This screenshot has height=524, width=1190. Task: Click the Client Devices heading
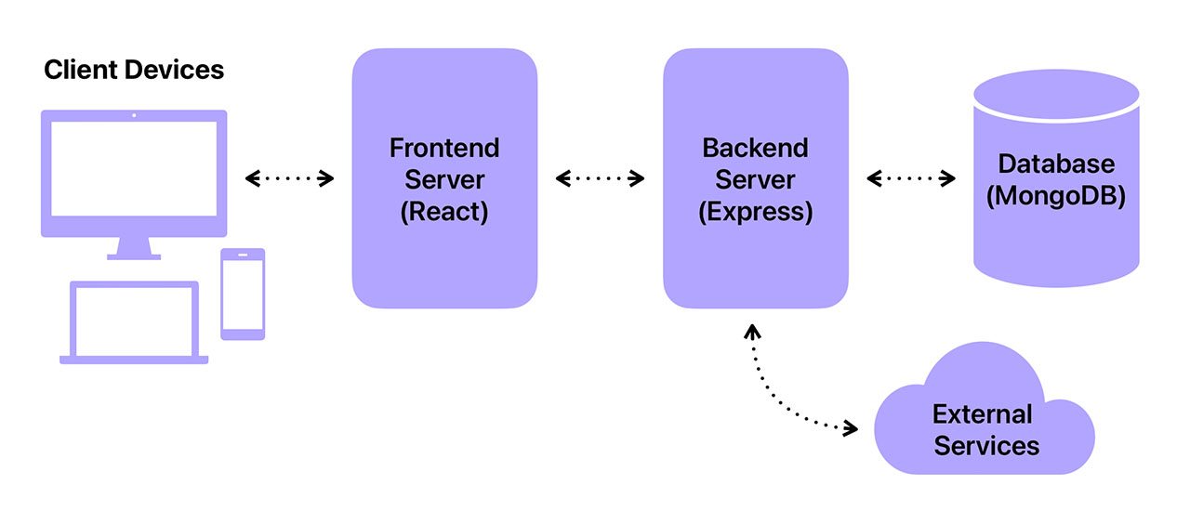pyautogui.click(x=134, y=70)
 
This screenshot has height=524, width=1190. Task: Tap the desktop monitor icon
pyautogui.click(x=134, y=173)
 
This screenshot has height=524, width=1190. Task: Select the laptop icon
pyautogui.click(x=134, y=322)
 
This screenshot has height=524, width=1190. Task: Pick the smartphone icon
pyautogui.click(x=243, y=294)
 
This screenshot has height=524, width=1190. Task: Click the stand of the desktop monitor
pyautogui.click(x=134, y=248)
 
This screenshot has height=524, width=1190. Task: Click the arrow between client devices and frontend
pyautogui.click(x=289, y=178)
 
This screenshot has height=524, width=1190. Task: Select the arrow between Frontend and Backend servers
pyautogui.click(x=600, y=178)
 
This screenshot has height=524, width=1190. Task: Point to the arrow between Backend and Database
pyautogui.click(x=911, y=178)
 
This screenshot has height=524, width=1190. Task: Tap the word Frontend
pyautogui.click(x=443, y=148)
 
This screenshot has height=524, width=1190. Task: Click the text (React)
pyautogui.click(x=443, y=212)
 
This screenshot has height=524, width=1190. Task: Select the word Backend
pyautogui.click(x=755, y=148)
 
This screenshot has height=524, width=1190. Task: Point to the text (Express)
pyautogui.click(x=755, y=212)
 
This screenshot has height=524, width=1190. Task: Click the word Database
pyautogui.click(x=1056, y=164)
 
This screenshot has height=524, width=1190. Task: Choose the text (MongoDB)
pyautogui.click(x=1056, y=197)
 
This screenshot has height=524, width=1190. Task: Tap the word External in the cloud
pyautogui.click(x=983, y=413)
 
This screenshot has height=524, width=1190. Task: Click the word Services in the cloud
pyautogui.click(x=986, y=446)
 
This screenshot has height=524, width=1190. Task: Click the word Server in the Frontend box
pyautogui.click(x=443, y=179)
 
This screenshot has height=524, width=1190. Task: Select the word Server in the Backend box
pyautogui.click(x=755, y=179)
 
